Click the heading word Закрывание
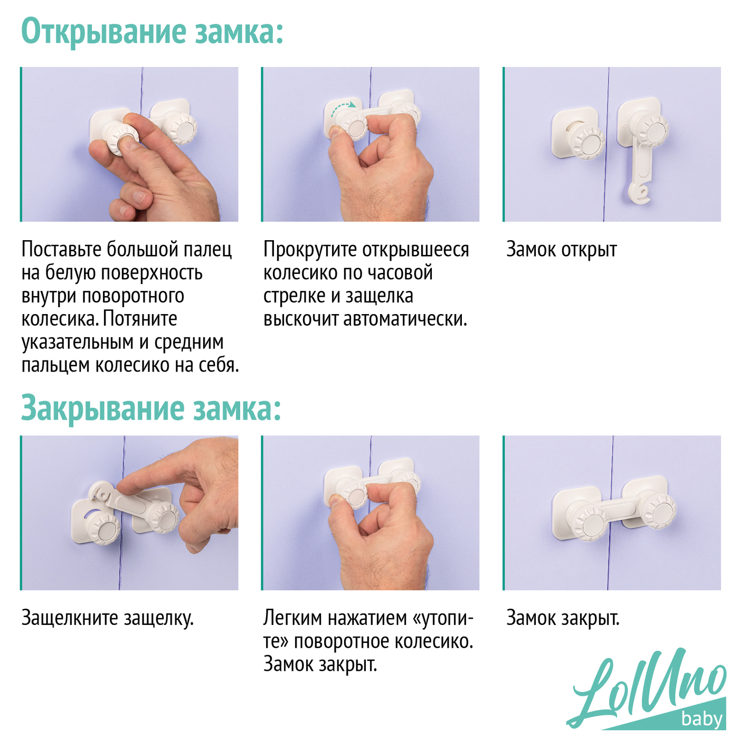coord(102,409)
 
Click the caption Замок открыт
coord(562,250)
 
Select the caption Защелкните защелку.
coord(108,554)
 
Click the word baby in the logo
coord(702,718)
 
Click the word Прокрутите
coord(311,250)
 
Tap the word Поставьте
coord(62,249)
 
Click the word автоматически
coord(405,319)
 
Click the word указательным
coord(78,343)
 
